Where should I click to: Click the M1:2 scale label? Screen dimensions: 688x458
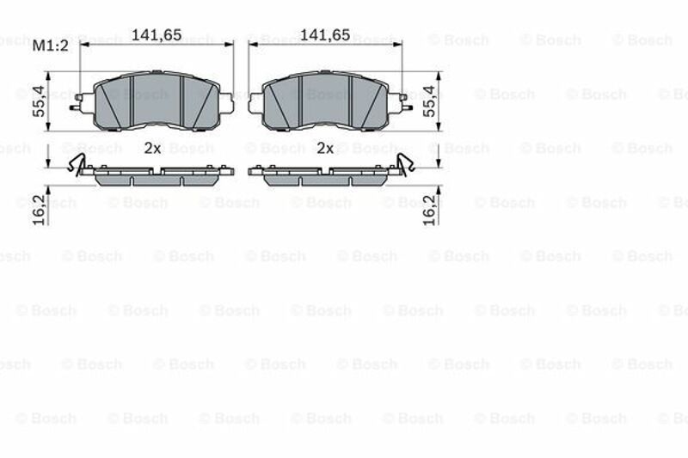coord(51,46)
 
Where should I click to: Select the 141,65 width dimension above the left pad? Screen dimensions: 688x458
coord(157,34)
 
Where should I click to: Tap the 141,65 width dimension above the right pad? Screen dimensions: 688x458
coord(325,34)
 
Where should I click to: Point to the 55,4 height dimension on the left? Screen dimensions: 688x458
coord(39,101)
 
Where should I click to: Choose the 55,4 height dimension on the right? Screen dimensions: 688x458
coord(428,101)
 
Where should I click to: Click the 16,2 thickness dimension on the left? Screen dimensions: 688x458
coord(39,211)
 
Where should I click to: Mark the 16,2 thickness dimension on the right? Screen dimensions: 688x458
coord(428,211)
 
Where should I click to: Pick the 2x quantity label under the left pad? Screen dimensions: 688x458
coord(152,148)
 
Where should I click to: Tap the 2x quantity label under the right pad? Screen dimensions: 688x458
coord(325,148)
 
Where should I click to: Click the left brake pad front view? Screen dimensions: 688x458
coord(157,101)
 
